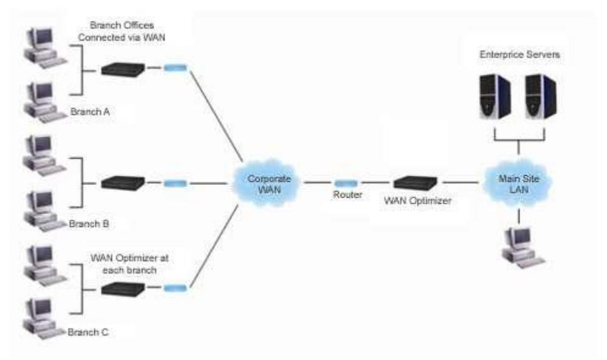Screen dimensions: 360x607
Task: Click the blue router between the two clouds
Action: click(346, 182)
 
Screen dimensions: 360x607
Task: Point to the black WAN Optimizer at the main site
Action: click(415, 182)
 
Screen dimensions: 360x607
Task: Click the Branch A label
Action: click(89, 112)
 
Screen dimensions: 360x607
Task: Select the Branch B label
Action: click(89, 224)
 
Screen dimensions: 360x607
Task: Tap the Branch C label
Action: click(89, 332)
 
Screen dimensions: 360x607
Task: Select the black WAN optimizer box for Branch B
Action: click(123, 182)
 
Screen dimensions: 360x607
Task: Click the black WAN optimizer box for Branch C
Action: click(123, 287)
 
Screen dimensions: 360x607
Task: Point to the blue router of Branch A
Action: click(175, 68)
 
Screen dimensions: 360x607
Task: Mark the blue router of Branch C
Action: click(175, 287)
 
